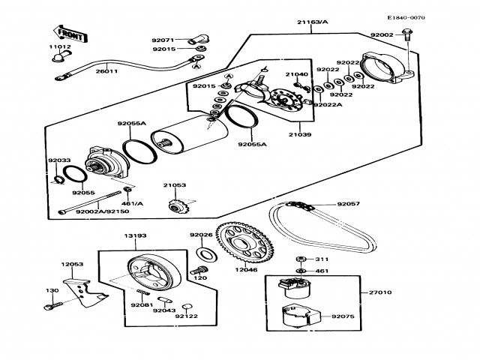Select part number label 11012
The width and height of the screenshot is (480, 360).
[x=60, y=46]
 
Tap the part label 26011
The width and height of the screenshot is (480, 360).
[x=107, y=72]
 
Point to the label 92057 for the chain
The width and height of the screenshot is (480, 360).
[x=348, y=202]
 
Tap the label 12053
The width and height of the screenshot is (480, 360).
[x=71, y=264]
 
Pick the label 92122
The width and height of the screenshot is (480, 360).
[x=186, y=316]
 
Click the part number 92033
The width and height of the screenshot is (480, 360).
[x=59, y=160]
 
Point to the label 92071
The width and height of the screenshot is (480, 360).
[x=163, y=40]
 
